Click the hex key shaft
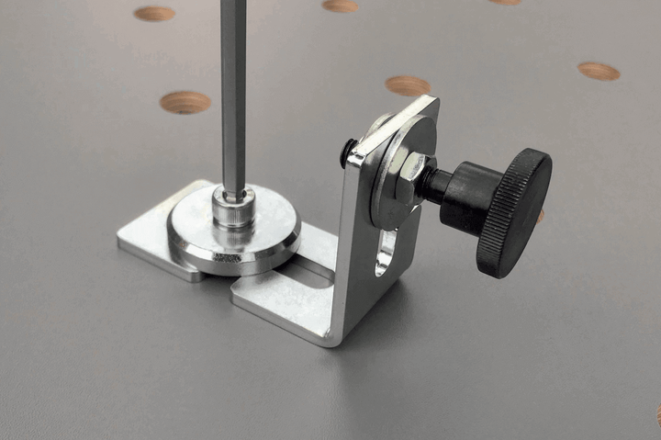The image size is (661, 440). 233,92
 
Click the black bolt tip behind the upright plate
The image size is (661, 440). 349,152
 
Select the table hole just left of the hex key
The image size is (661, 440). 185,102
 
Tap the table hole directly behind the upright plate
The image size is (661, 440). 408,85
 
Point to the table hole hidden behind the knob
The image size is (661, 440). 540,216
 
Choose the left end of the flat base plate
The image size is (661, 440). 129,241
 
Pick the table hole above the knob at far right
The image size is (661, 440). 599,71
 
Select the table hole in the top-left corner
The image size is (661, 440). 154,14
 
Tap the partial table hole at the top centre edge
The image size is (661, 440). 341,6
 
